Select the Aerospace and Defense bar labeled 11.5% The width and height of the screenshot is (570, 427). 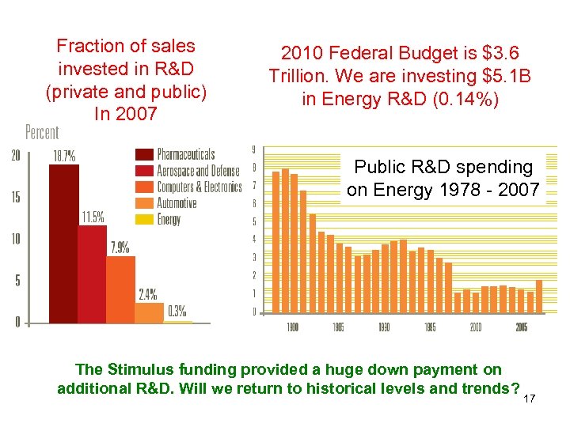[92, 274]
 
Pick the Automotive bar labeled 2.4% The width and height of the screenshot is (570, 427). [149, 313]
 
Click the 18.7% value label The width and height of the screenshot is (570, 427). [64, 157]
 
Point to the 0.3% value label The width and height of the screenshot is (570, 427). [177, 311]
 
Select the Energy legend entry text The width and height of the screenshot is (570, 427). [169, 220]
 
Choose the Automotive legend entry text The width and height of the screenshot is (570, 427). [178, 203]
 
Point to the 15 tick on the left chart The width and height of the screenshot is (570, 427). [16, 197]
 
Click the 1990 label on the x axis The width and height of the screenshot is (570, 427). [384, 327]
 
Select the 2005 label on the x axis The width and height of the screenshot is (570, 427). [521, 327]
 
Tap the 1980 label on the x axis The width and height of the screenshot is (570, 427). [291, 327]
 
